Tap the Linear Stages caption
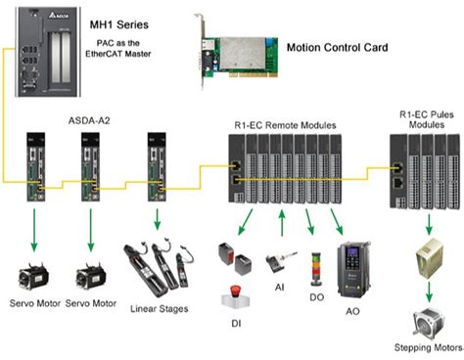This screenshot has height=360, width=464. point(152,309)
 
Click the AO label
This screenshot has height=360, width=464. point(353,310)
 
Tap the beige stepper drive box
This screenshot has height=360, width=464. point(428,255)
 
